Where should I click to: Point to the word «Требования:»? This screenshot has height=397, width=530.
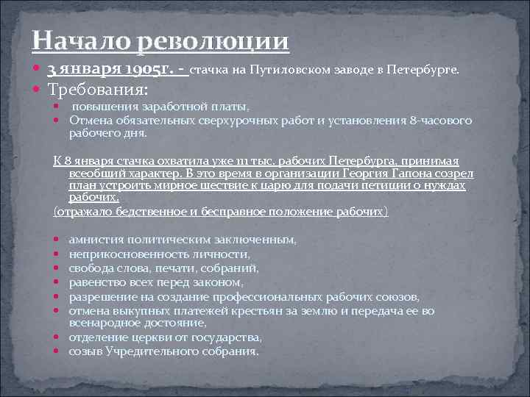pos(98,90)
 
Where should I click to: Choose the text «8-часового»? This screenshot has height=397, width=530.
pos(444,121)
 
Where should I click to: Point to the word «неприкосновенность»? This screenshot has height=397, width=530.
pos(127,254)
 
